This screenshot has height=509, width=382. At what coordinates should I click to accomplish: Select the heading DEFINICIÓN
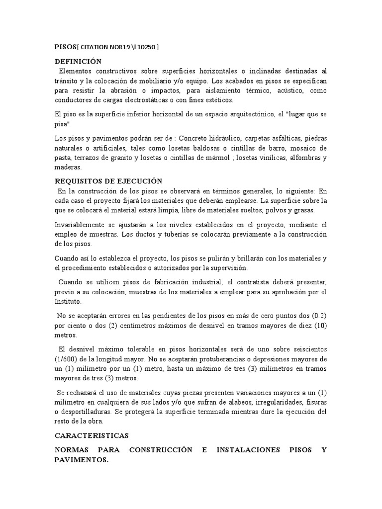click(78, 62)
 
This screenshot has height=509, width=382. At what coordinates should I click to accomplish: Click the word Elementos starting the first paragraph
click(75, 71)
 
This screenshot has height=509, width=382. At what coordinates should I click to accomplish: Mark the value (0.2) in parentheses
click(319, 316)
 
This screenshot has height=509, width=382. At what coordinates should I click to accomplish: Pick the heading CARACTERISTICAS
click(92, 435)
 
